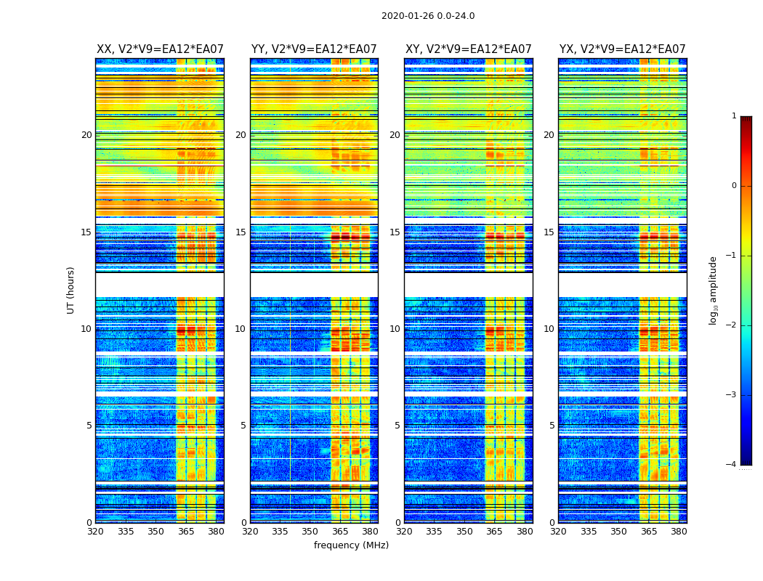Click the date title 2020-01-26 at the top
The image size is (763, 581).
tap(428, 16)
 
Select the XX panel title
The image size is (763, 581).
tap(160, 49)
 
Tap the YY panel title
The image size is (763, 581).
tap(314, 49)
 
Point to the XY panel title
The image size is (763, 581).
tap(469, 49)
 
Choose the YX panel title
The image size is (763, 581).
tap(623, 49)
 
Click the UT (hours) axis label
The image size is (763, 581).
tap(71, 290)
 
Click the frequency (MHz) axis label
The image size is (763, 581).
tap(351, 545)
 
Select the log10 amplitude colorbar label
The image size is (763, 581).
tap(714, 290)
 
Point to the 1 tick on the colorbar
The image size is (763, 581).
tap(733, 116)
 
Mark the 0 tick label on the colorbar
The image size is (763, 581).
tap(733, 186)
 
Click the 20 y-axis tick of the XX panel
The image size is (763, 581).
tap(86, 135)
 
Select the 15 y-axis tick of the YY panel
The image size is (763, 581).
tap(241, 232)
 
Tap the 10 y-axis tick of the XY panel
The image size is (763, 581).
tap(395, 329)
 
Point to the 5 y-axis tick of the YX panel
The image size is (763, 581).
tap(552, 426)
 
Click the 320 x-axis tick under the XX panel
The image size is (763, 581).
tap(95, 532)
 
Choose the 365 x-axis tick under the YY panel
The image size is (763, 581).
tap(340, 532)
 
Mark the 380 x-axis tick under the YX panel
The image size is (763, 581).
tap(679, 532)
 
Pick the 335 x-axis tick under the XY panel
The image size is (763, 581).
tap(434, 532)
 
